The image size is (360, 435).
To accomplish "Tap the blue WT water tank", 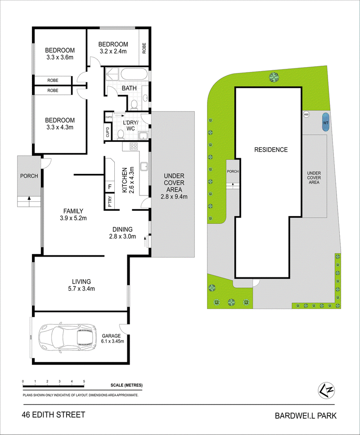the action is (x=326, y=122).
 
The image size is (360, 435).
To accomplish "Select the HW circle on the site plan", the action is (x=306, y=114).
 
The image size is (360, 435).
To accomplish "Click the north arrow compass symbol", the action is (x=326, y=390).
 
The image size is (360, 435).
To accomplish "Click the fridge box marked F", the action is (x=110, y=187).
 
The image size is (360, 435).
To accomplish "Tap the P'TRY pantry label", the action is (x=110, y=202).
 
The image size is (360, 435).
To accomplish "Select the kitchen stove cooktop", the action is (x=134, y=146).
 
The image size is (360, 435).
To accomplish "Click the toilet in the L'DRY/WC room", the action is (x=120, y=134).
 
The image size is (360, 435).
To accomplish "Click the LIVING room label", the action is (x=81, y=281).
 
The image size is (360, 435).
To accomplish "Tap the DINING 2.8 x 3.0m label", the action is (x=122, y=233).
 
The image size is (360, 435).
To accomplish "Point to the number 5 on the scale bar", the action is (x=84, y=381).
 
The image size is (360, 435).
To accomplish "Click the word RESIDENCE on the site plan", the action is (x=271, y=150).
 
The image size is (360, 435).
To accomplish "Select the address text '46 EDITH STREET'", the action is (x=54, y=415).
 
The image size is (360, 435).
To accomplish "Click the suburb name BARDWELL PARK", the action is (x=306, y=416).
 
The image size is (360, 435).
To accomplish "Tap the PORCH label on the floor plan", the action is (x=29, y=176).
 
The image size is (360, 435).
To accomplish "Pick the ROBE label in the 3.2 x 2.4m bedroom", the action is (x=144, y=48).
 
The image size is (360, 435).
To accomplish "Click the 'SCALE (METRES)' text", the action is (x=126, y=385).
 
